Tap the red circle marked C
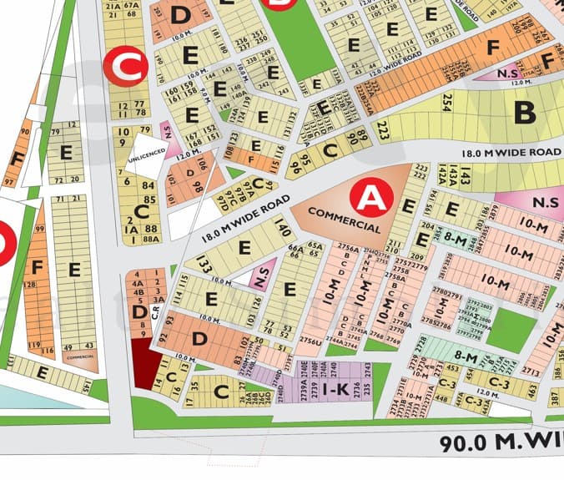[x=125, y=66]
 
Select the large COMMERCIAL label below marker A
[x=344, y=220]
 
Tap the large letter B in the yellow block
[x=524, y=111]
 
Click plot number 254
[x=446, y=104]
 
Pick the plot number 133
[x=203, y=265]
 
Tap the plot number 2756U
[x=310, y=341]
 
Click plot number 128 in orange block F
[x=31, y=285]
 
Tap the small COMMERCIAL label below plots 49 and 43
[x=80, y=356]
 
